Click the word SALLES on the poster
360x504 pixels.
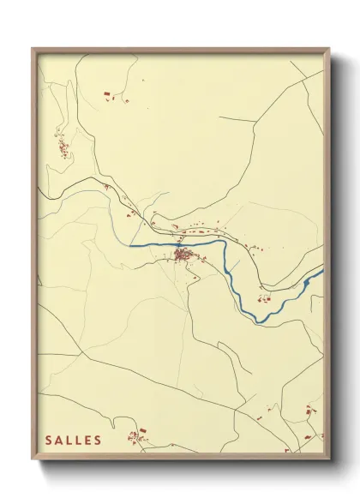(x=74, y=441)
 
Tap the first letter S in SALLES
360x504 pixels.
(x=49, y=441)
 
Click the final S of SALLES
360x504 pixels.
(x=99, y=441)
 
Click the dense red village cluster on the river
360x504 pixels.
(x=182, y=254)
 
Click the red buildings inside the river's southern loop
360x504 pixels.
(x=265, y=297)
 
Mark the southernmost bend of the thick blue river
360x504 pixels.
(x=258, y=321)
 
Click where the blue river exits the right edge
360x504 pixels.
(x=322, y=272)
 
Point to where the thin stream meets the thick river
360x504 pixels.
(x=134, y=246)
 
